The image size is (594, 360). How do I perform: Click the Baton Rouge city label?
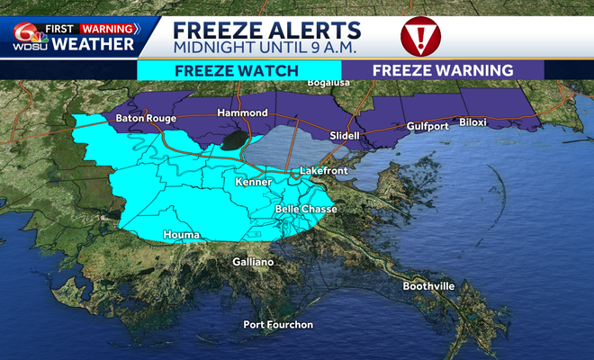(x=146, y=119)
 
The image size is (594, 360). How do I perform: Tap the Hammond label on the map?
(x=243, y=113)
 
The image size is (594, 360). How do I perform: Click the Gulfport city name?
(x=427, y=126)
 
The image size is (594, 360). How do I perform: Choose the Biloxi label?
(x=473, y=121)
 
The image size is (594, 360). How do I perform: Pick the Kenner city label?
(x=253, y=183)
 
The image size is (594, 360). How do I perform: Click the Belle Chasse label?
(x=306, y=210)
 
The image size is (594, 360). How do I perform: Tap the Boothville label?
(x=429, y=286)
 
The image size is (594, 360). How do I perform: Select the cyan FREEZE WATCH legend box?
(x=238, y=70)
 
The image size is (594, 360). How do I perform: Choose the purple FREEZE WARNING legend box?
(x=443, y=70)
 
